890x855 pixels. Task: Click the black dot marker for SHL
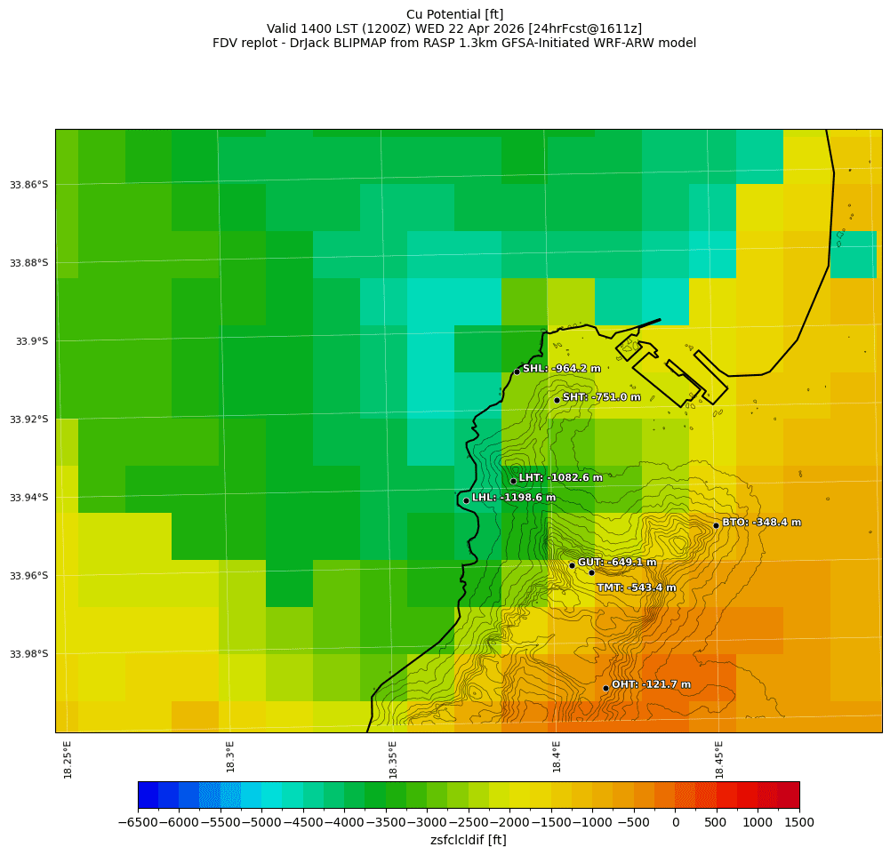pos(517,372)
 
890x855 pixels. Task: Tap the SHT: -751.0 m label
pos(601,397)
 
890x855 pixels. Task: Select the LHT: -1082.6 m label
pos(560,478)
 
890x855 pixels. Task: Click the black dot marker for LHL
pos(466,500)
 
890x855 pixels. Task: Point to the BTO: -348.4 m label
pos(761,523)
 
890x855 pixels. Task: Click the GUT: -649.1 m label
pos(617,563)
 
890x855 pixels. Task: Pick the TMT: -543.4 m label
pos(636,587)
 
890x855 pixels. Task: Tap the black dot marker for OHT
pos(605,688)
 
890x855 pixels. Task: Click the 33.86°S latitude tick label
pos(28,185)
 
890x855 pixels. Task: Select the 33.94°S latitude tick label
pos(28,498)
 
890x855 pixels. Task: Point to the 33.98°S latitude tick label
pos(28,654)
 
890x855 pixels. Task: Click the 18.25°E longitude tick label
pos(68,760)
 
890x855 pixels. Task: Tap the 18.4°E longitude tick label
pos(557,757)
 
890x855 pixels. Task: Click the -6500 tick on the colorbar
pos(138,823)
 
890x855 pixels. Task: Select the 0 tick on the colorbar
pos(676,823)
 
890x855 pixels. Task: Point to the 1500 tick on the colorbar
pos(799,823)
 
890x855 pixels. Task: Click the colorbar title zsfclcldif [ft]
pos(468,840)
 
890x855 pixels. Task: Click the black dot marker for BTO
pos(716,525)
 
